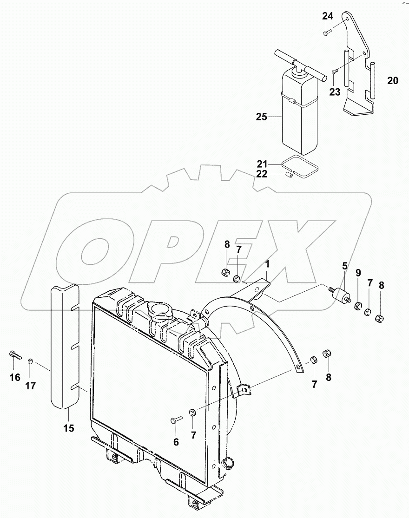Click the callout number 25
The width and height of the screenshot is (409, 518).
tap(261, 117)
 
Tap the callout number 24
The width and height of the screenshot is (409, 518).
tap(328, 16)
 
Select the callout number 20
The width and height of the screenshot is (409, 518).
tap(392, 81)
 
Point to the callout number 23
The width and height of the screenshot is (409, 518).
tap(335, 92)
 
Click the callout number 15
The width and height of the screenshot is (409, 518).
tap(68, 428)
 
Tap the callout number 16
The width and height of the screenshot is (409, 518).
tap(15, 377)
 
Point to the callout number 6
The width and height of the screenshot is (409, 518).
tap(176, 442)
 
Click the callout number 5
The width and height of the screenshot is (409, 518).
tap(344, 266)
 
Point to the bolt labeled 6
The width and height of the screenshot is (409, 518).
tap(176, 420)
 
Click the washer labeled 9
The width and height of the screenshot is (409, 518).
tap(358, 306)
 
